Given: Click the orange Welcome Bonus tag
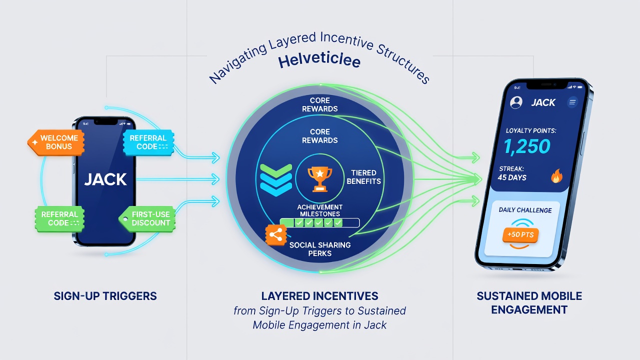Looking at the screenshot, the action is [x=56, y=142].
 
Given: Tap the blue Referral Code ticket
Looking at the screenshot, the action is [x=148, y=142].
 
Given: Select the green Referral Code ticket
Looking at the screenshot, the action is [x=59, y=218].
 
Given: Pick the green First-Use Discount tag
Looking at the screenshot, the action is [x=147, y=218].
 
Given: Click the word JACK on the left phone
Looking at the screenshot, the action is [x=105, y=179].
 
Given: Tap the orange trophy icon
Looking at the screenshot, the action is [x=319, y=179].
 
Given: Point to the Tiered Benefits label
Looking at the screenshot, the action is [x=363, y=177].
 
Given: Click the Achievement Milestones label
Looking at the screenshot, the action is [x=319, y=210].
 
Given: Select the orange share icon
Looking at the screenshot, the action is [x=275, y=235].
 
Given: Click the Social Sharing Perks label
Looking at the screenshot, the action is [x=319, y=249].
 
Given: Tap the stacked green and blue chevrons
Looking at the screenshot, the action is [x=276, y=180].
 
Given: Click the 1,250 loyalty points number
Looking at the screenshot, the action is [x=526, y=146].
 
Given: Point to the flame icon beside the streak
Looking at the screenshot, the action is [x=556, y=176].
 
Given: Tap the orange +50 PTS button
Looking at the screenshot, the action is [x=520, y=235].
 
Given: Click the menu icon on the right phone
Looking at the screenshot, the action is [x=572, y=102].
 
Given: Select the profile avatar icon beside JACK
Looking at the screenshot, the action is [x=516, y=102].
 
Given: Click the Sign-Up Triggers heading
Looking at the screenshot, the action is [x=105, y=296].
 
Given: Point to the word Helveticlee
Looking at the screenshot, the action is [x=319, y=61].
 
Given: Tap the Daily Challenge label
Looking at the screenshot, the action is [x=525, y=210].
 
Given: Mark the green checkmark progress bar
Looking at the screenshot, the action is [x=319, y=222].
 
